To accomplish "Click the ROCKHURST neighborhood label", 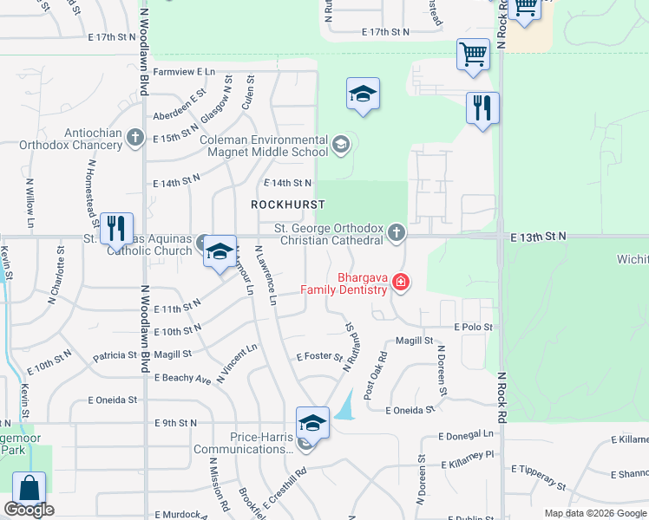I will pyautogui.click(x=287, y=205).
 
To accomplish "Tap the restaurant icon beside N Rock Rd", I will pyautogui.click(x=482, y=108).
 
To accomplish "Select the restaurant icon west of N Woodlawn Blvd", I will pyautogui.click(x=116, y=229).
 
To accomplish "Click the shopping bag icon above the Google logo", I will pyautogui.click(x=29, y=488).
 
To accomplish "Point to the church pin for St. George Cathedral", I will pyautogui.click(x=397, y=231).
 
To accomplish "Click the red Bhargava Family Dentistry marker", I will pyautogui.click(x=400, y=281).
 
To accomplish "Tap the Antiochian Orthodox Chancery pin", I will pyautogui.click(x=134, y=137).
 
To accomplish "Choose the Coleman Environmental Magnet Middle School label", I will pyautogui.click(x=263, y=146).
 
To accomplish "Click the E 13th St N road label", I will pyautogui.click(x=538, y=236).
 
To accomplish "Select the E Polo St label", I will pyautogui.click(x=473, y=328).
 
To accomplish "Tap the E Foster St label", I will pyautogui.click(x=319, y=356).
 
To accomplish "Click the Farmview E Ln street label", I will pyautogui.click(x=184, y=72).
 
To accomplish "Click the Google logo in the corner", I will pyautogui.click(x=29, y=510).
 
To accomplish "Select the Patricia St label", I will pyautogui.click(x=116, y=355).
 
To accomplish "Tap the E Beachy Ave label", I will pyautogui.click(x=183, y=379).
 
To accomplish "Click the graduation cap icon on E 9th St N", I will pyautogui.click(x=312, y=423).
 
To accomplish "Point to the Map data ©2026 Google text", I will pyautogui.click(x=595, y=513).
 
